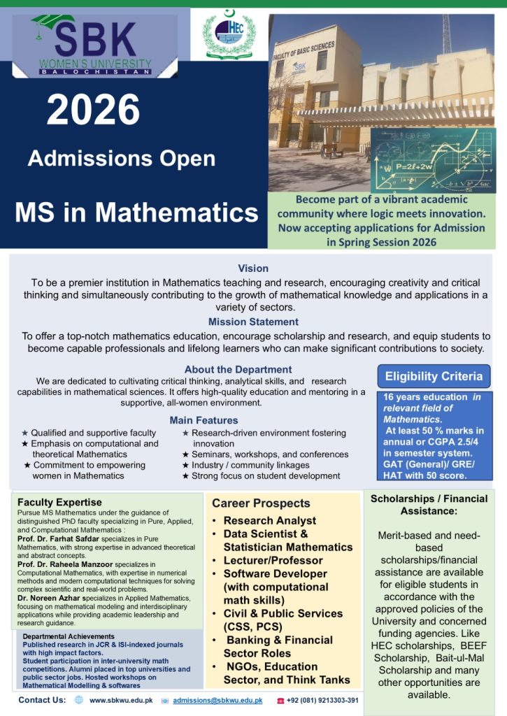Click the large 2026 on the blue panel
94,110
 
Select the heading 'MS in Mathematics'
136,211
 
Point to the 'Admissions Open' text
122,159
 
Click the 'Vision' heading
253,268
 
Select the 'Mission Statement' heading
253,322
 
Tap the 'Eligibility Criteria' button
434,376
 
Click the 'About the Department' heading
238,369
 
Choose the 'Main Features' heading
203,420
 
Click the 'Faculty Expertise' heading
59,502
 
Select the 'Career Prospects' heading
261,503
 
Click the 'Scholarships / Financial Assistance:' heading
429,505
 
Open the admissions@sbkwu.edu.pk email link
217,700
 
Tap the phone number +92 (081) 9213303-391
322,700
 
